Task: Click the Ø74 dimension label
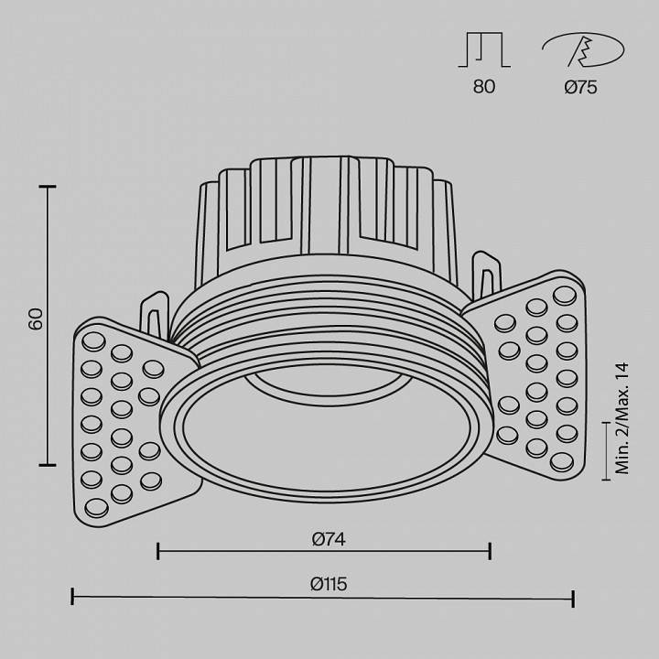[328, 539]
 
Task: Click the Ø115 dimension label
[328, 585]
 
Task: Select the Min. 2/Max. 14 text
[623, 417]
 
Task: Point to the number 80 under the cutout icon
[484, 87]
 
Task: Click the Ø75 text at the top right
[581, 87]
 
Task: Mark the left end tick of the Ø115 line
[72, 598]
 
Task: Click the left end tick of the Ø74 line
[158, 550]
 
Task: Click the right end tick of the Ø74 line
[491, 550]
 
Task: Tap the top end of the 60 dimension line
[48, 187]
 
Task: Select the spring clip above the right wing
[488, 275]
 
